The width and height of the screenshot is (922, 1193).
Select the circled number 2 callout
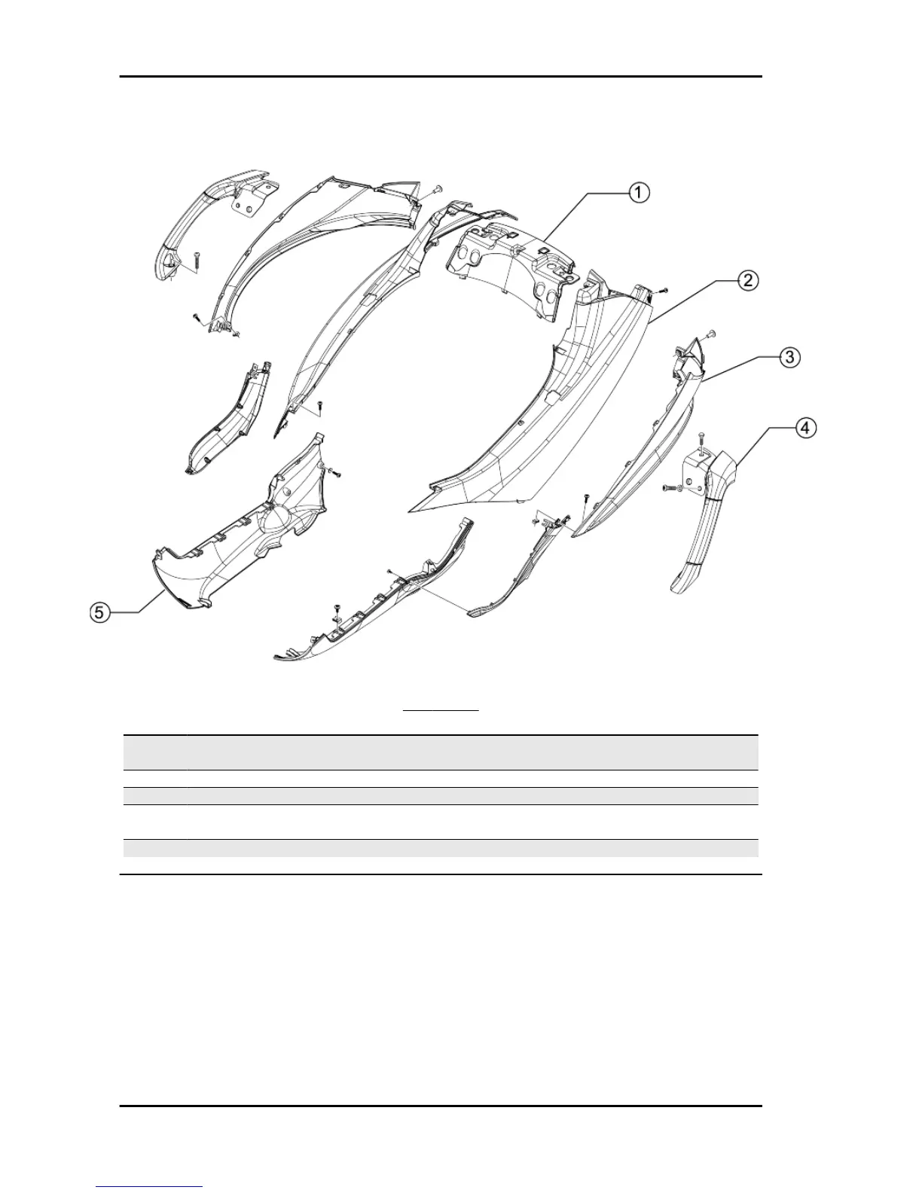(x=746, y=280)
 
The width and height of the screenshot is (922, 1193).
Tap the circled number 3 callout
(x=789, y=356)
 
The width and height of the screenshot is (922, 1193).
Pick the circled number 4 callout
(x=805, y=428)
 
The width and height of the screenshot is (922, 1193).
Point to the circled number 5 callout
(x=99, y=613)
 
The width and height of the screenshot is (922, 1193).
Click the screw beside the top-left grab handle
(x=196, y=259)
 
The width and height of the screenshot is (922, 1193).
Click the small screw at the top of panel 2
(x=661, y=290)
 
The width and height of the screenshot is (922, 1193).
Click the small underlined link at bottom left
(x=149, y=1186)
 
